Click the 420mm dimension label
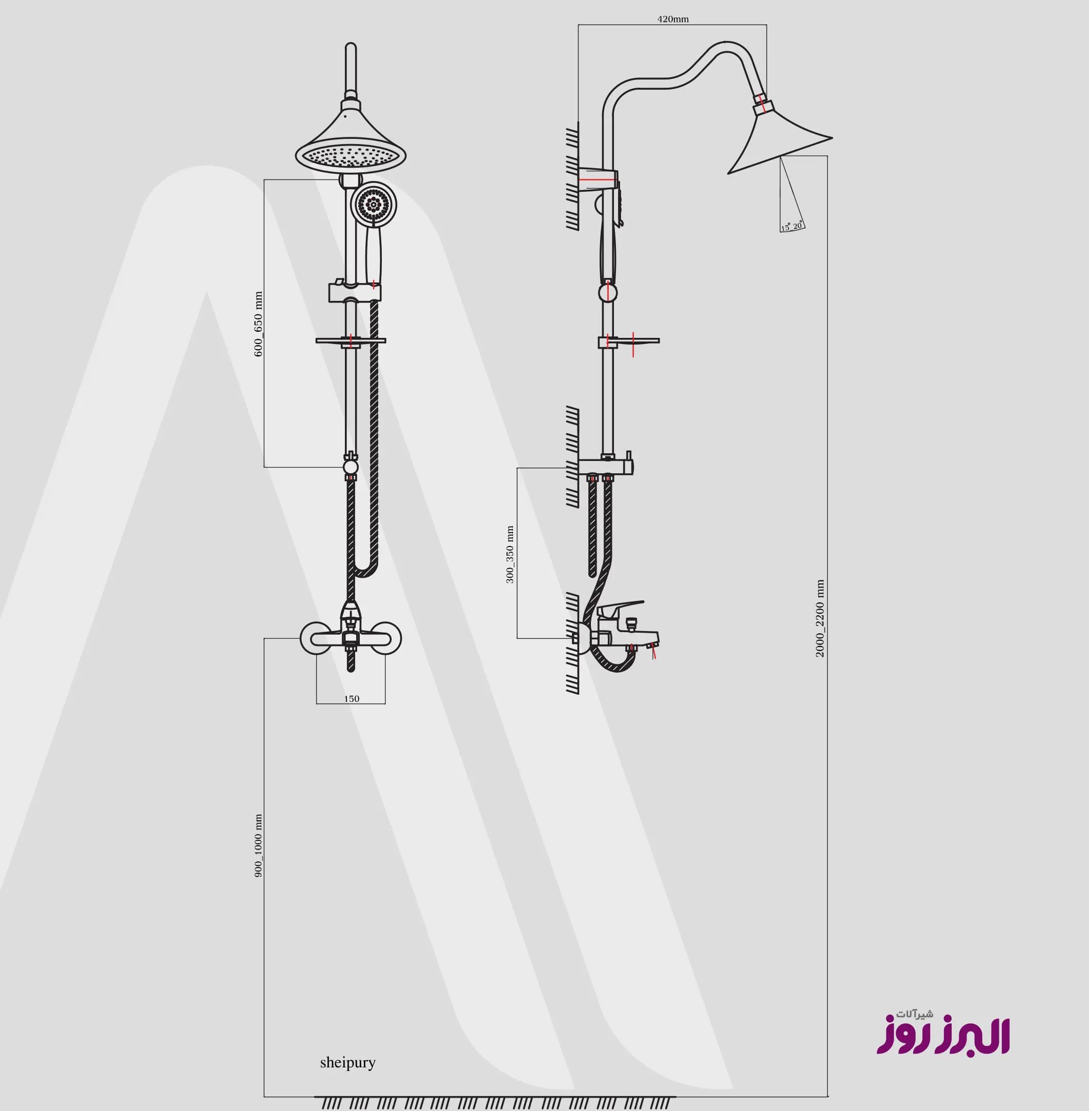pos(672,19)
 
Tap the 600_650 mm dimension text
pos(258,325)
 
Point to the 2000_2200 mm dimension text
pos(820,618)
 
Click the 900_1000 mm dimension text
pos(258,846)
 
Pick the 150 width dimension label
pos(352,698)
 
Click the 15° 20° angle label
pos(792,227)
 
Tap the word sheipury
pos(348,1062)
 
